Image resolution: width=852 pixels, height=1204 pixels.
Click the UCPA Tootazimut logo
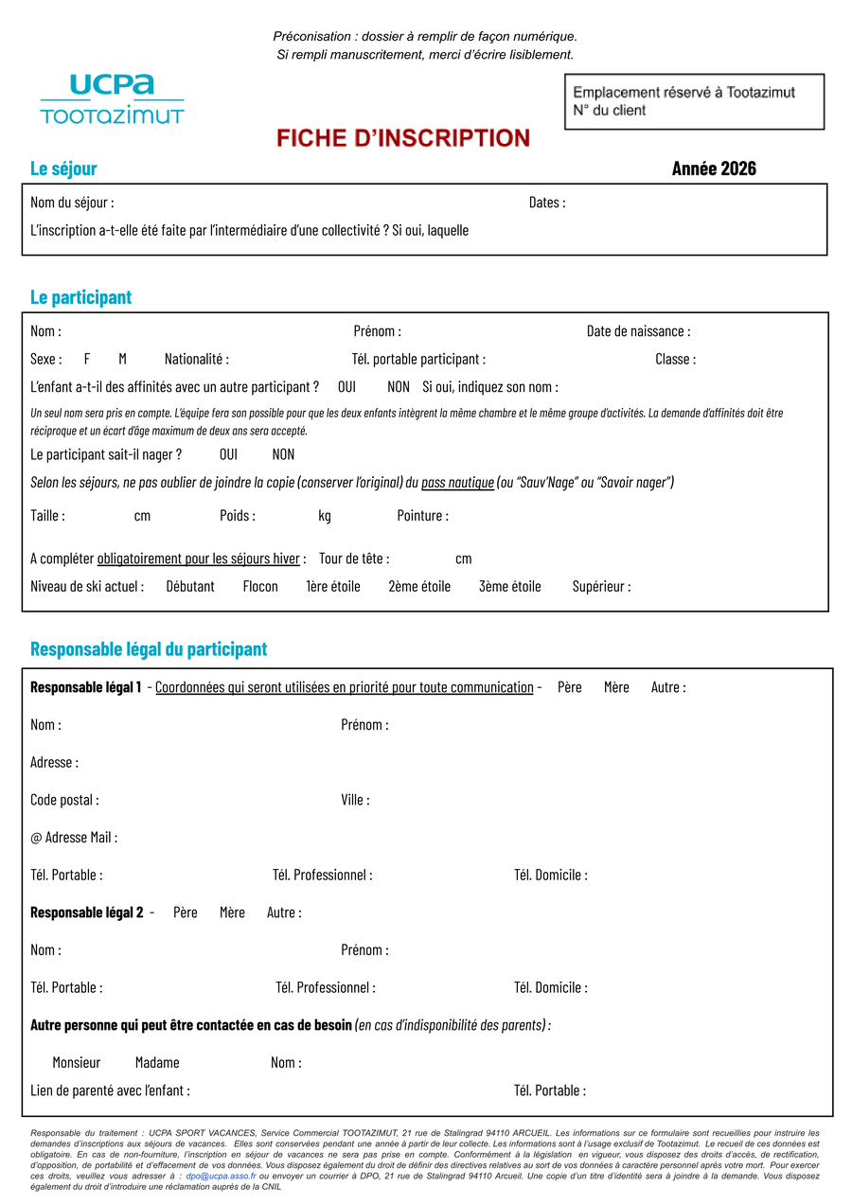[x=112, y=99]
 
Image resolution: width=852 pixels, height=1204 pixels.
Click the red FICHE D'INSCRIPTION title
[x=403, y=138]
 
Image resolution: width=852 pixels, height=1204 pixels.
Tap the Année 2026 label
[x=714, y=168]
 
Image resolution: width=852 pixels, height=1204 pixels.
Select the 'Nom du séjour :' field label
[x=72, y=203]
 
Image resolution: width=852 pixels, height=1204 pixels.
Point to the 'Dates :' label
[x=547, y=203]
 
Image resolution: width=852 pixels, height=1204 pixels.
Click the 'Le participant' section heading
[x=80, y=297]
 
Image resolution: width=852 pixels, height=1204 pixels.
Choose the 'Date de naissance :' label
[x=638, y=331]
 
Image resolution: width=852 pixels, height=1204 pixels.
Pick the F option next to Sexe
[x=87, y=360]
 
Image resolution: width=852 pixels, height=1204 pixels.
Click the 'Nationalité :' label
[x=197, y=360]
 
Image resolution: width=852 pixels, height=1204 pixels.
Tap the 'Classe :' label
[x=675, y=360]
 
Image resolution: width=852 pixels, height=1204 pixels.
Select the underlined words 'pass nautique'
[x=457, y=483]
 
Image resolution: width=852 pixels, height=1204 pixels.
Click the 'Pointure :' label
[x=422, y=516]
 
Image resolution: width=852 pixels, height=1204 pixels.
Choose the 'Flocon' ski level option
[x=260, y=587]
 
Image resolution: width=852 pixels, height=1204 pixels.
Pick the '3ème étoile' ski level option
[x=510, y=587]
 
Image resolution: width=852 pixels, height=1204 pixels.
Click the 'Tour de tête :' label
[x=354, y=558]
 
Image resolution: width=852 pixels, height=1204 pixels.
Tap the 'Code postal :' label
[x=64, y=800]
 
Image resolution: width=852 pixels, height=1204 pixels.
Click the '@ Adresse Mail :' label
[x=74, y=838]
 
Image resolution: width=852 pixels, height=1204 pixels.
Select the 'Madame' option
[x=157, y=1063]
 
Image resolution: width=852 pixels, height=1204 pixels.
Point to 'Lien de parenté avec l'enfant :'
[x=110, y=1090]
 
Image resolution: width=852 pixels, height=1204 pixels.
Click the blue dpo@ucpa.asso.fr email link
[x=221, y=1176]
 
